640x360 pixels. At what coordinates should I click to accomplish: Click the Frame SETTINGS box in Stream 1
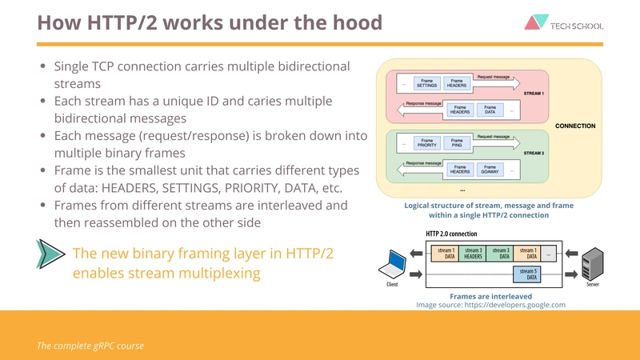(427, 83)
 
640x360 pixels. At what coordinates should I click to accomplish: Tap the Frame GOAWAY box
(490, 168)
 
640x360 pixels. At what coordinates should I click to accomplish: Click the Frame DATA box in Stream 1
(490, 110)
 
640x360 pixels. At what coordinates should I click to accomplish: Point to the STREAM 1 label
(533, 94)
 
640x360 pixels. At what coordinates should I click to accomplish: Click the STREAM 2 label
(533, 152)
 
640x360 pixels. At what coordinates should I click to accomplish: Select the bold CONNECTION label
(575, 126)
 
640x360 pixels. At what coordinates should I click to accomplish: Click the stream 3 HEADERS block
(473, 254)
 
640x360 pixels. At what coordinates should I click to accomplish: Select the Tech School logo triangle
(534, 23)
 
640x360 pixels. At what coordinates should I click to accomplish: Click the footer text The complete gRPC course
(90, 346)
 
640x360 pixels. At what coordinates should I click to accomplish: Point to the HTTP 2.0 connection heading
(451, 234)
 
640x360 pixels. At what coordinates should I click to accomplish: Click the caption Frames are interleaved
(490, 296)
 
